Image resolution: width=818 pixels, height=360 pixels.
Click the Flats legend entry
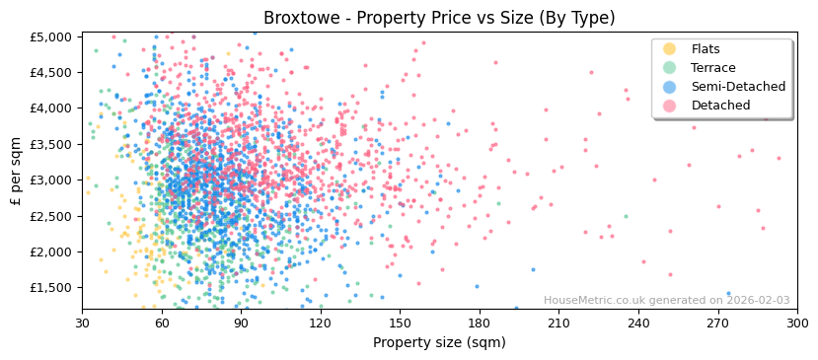[x=706, y=49]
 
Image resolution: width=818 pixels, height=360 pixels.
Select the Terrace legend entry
[x=712, y=68]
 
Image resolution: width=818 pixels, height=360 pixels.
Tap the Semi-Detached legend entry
[x=738, y=87]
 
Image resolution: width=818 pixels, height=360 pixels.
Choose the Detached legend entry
[x=720, y=106]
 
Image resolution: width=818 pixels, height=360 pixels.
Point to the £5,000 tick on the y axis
[x=52, y=36]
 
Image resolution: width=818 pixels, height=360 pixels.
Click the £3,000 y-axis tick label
[x=52, y=180]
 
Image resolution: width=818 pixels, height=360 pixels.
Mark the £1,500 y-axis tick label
[x=52, y=288]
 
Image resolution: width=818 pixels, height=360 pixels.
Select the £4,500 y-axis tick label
[x=52, y=72]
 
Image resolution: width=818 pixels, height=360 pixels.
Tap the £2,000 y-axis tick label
[x=52, y=252]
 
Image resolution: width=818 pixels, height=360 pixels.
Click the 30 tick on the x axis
[x=83, y=324]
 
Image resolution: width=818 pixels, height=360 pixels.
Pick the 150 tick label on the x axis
[x=400, y=324]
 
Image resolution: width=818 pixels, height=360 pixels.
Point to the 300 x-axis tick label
[x=797, y=324]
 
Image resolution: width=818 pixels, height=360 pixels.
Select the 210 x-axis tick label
[x=558, y=324]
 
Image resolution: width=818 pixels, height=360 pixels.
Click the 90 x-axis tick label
[x=241, y=324]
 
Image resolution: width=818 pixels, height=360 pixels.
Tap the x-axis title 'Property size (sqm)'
[x=439, y=343]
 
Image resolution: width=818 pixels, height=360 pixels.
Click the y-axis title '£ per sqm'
[x=17, y=172]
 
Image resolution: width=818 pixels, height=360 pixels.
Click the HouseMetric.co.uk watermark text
[x=666, y=301]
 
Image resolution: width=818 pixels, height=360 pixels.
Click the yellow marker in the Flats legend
[x=669, y=49]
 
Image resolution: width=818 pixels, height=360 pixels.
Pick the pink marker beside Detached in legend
[x=669, y=106]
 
